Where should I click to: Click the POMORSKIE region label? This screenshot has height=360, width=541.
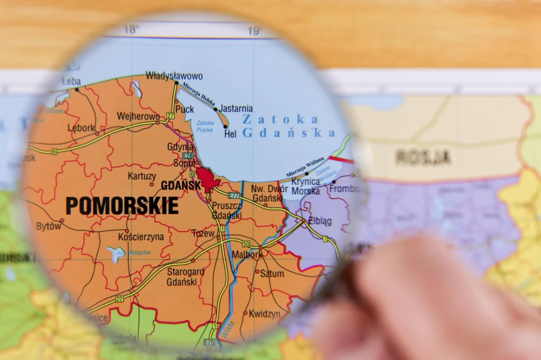(122, 206)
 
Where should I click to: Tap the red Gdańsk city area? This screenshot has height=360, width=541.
(207, 179)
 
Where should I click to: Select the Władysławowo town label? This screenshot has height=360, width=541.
(174, 76)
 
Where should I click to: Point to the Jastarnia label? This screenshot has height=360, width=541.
(236, 109)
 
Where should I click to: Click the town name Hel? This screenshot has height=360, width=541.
(230, 134)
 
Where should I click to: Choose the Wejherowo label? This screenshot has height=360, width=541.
(138, 116)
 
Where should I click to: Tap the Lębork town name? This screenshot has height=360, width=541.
(82, 128)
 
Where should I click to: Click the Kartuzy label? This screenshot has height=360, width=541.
(142, 176)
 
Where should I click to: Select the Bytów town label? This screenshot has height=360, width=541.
(49, 226)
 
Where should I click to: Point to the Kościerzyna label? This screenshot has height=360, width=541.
(141, 237)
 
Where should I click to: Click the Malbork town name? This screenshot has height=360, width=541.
(247, 255)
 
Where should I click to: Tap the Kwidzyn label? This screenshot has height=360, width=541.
(265, 314)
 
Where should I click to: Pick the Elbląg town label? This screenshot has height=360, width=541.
(320, 221)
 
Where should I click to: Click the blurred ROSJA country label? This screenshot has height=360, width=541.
(423, 157)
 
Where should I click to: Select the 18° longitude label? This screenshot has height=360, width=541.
(131, 30)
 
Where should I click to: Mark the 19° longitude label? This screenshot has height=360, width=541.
(255, 31)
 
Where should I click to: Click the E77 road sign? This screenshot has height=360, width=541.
(234, 195)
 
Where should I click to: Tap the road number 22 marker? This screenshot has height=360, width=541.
(119, 299)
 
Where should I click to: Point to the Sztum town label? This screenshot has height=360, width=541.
(272, 273)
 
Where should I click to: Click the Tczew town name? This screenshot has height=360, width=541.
(203, 233)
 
